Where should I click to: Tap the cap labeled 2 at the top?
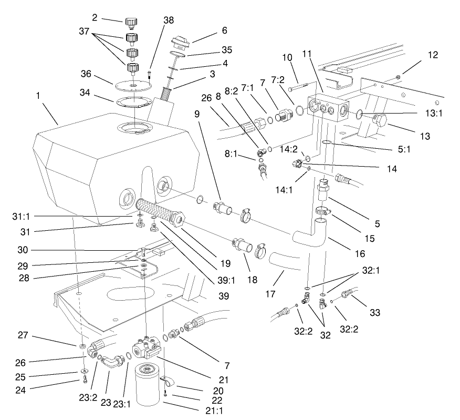131,23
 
